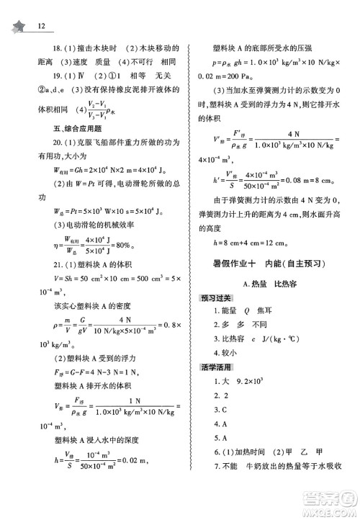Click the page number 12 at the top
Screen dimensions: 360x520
point(40,27)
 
